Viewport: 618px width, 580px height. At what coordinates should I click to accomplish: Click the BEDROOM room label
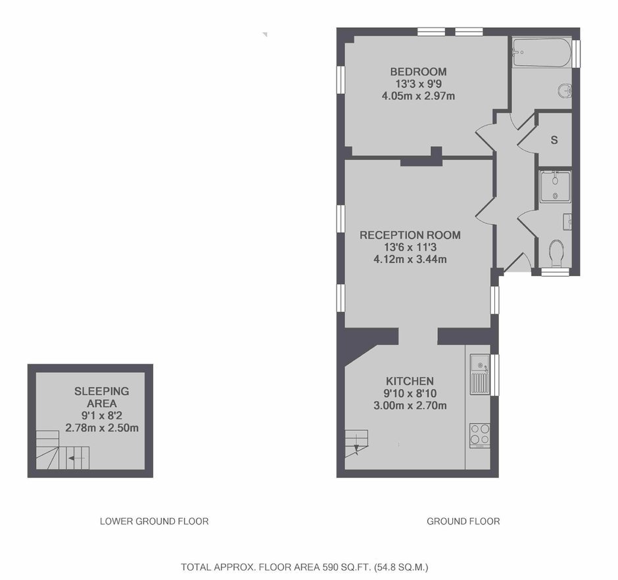click(x=418, y=72)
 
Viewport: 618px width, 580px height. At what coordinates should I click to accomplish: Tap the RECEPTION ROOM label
click(x=410, y=235)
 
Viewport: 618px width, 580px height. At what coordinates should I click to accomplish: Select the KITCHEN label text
click(x=410, y=381)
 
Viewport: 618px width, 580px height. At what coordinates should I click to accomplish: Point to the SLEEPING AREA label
click(x=102, y=397)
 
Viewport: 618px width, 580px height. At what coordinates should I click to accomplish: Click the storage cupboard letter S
click(x=554, y=140)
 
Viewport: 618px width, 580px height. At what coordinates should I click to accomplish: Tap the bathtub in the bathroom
click(x=542, y=52)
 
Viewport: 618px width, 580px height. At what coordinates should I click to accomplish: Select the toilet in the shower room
click(x=556, y=253)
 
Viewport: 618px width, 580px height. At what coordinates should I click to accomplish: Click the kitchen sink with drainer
click(x=480, y=374)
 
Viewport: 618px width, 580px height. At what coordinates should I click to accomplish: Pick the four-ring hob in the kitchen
click(x=480, y=435)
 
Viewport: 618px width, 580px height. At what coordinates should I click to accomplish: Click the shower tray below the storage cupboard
click(x=556, y=187)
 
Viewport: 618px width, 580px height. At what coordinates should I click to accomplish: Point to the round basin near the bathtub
click(x=565, y=91)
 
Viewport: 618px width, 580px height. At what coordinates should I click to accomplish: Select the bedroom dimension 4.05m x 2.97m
click(x=418, y=96)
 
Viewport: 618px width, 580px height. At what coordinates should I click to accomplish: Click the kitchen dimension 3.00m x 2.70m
click(x=410, y=405)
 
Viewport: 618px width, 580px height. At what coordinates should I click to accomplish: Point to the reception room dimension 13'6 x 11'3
click(x=410, y=247)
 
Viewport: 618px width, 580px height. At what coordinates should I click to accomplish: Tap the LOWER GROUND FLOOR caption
click(x=154, y=521)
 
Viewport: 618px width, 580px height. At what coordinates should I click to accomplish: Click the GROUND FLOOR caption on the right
click(x=463, y=521)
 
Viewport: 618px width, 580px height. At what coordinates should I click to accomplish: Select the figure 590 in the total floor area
click(x=330, y=568)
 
